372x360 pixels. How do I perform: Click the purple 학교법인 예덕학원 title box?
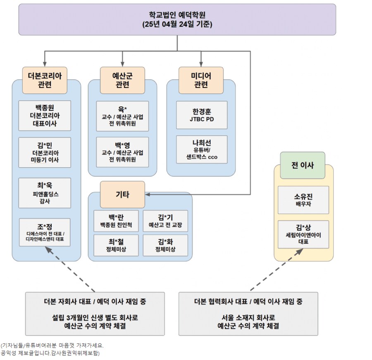click(x=177, y=19)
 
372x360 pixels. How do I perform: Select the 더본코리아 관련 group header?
click(x=45, y=80)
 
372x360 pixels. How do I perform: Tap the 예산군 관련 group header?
click(x=122, y=80)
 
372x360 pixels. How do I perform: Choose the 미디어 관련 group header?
click(x=201, y=80)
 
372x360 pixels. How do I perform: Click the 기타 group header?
click(x=122, y=194)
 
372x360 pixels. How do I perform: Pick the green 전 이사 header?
click(x=303, y=165)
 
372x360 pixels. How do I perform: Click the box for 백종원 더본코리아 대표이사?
click(x=45, y=116)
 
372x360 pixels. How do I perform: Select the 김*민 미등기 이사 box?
click(x=45, y=152)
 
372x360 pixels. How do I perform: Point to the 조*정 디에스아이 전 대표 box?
click(x=45, y=232)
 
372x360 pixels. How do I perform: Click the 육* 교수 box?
click(x=122, y=116)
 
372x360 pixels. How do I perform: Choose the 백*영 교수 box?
click(x=122, y=152)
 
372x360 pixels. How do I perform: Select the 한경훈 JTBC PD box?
click(x=202, y=115)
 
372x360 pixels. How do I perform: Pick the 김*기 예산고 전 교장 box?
click(x=165, y=221)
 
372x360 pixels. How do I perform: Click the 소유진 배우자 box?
click(x=303, y=200)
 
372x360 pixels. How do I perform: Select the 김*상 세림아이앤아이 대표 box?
click(x=303, y=234)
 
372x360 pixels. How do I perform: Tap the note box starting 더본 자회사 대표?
click(x=95, y=314)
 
